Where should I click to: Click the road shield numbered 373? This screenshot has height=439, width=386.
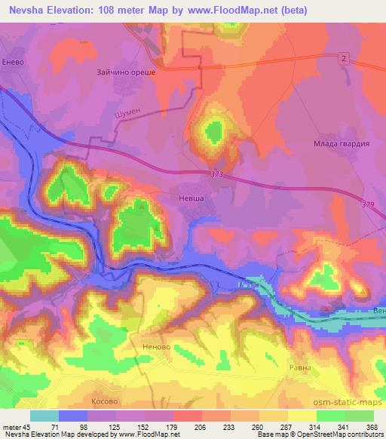click(x=218, y=175)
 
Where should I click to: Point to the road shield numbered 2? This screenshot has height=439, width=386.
click(x=343, y=58)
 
